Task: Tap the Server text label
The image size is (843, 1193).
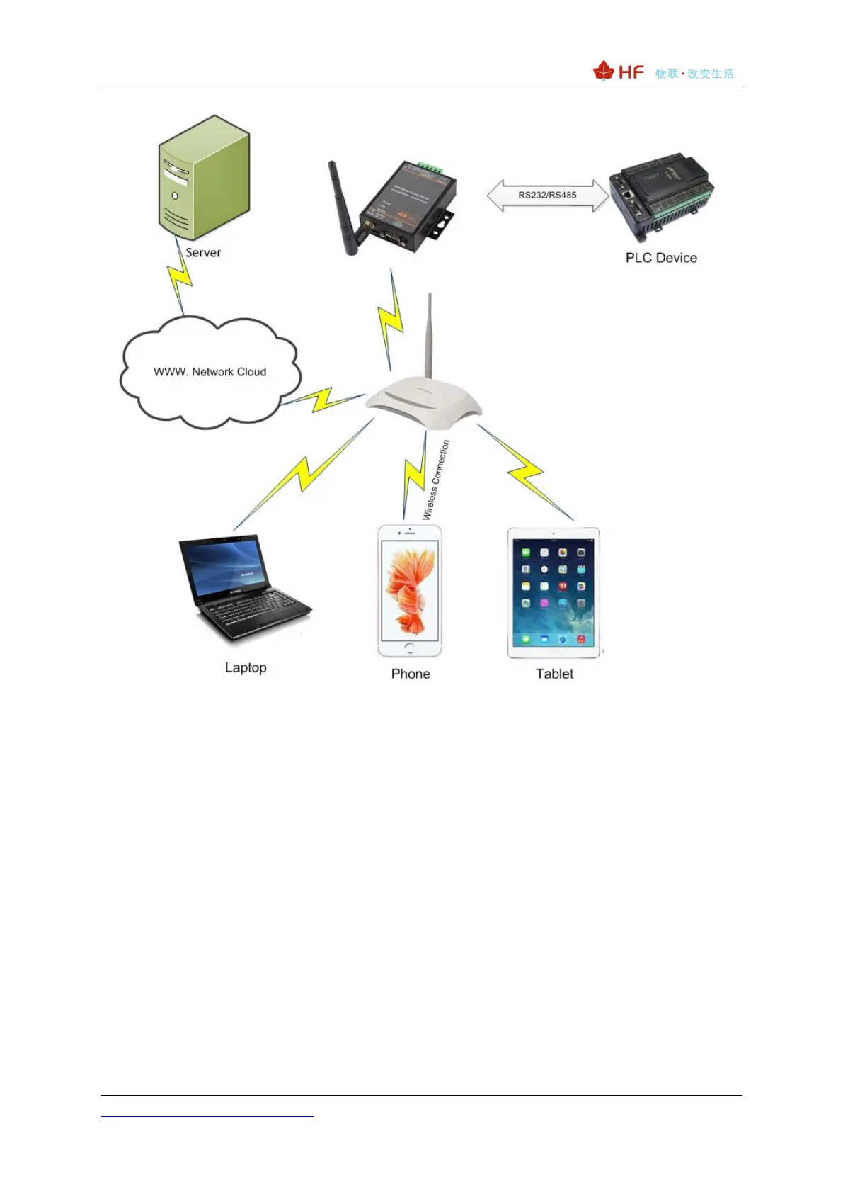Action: tap(203, 253)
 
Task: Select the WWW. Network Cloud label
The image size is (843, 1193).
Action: tap(210, 372)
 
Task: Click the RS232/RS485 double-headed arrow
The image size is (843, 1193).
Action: tap(547, 195)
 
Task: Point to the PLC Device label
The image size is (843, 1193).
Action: tap(661, 258)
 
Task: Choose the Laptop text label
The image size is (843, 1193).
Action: tap(246, 667)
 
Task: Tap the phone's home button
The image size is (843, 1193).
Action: tap(410, 648)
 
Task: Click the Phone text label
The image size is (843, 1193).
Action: tap(411, 674)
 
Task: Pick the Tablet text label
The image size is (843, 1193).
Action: tap(554, 674)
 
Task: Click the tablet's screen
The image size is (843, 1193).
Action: tap(553, 595)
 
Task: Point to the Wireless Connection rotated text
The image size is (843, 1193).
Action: tap(436, 480)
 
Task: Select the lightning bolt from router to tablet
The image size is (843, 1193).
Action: tap(525, 471)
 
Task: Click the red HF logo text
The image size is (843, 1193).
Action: tap(631, 72)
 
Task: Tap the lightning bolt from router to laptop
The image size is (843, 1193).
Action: tap(304, 475)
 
